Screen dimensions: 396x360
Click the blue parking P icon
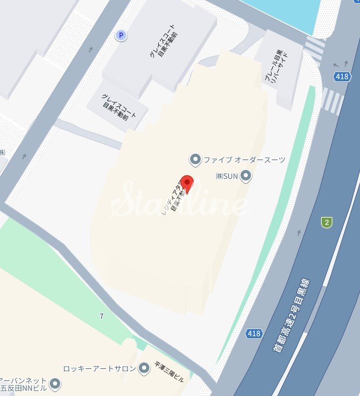[121, 35]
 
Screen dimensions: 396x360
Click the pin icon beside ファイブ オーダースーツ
[195, 159]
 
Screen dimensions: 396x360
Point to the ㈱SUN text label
[227, 176]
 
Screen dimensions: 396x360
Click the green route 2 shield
[328, 222]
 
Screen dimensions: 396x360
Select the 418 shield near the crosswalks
[342, 77]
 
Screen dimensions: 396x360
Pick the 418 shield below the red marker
[254, 334]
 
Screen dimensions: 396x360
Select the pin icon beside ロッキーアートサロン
[144, 368]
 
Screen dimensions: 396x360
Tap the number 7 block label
[101, 316]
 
